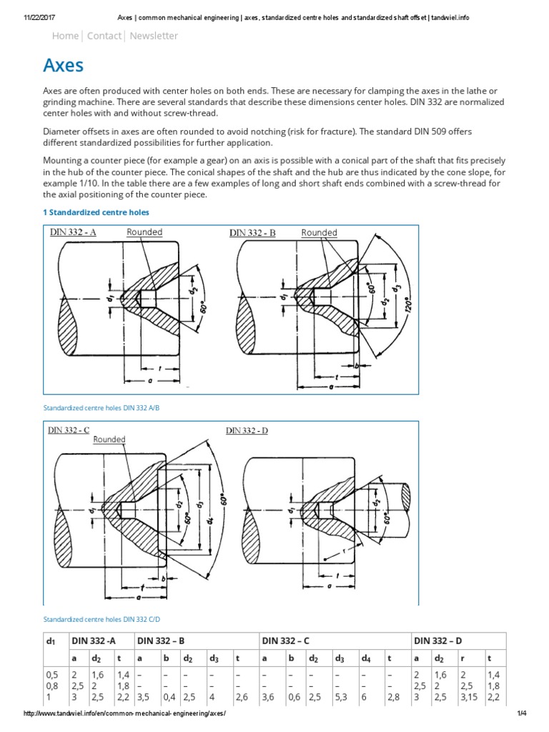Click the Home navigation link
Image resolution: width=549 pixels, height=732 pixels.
click(x=66, y=36)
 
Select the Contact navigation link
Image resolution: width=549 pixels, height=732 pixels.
click(x=104, y=36)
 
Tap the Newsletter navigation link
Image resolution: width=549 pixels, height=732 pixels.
click(x=154, y=36)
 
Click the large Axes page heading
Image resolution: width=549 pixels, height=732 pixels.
click(x=64, y=66)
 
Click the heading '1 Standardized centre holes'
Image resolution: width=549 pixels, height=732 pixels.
click(x=97, y=212)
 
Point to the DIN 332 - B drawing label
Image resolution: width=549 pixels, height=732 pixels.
click(x=252, y=234)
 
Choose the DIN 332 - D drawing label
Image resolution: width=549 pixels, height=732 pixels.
click(x=247, y=430)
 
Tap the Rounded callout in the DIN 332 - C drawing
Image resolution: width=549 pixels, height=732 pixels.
click(x=109, y=440)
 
